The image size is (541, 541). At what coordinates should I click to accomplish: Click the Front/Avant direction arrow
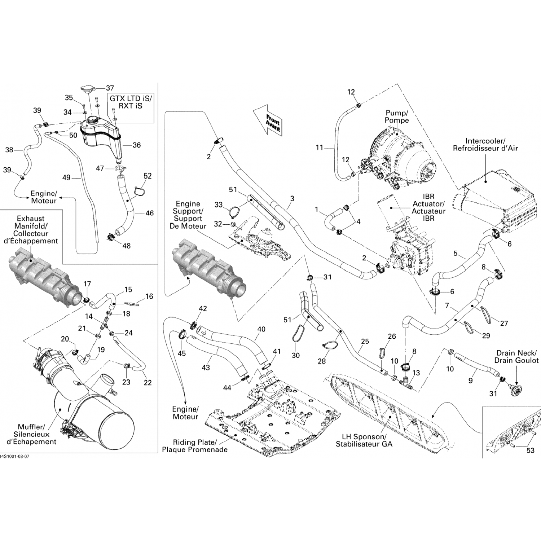tap(268, 121)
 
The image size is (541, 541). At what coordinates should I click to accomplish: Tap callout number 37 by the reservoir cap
tap(110, 88)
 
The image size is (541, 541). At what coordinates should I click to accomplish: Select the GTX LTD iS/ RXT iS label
tap(131, 102)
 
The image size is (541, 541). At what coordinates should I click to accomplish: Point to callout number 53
tap(530, 450)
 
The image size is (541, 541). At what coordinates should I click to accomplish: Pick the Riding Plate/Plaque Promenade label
tap(194, 446)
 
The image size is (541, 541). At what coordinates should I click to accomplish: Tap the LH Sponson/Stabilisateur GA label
tap(364, 440)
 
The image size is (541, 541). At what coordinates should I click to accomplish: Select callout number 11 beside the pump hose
tap(319, 148)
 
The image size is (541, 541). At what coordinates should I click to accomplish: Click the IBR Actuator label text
tap(428, 208)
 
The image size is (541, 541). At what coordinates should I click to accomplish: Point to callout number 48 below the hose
tap(126, 246)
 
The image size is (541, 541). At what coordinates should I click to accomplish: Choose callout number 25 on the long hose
tap(365, 341)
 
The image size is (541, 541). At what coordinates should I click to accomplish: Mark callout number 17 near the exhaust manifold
tap(87, 284)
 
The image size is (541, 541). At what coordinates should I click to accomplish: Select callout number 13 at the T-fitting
tap(416, 373)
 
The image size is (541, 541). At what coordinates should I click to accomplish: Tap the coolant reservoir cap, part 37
tap(88, 90)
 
